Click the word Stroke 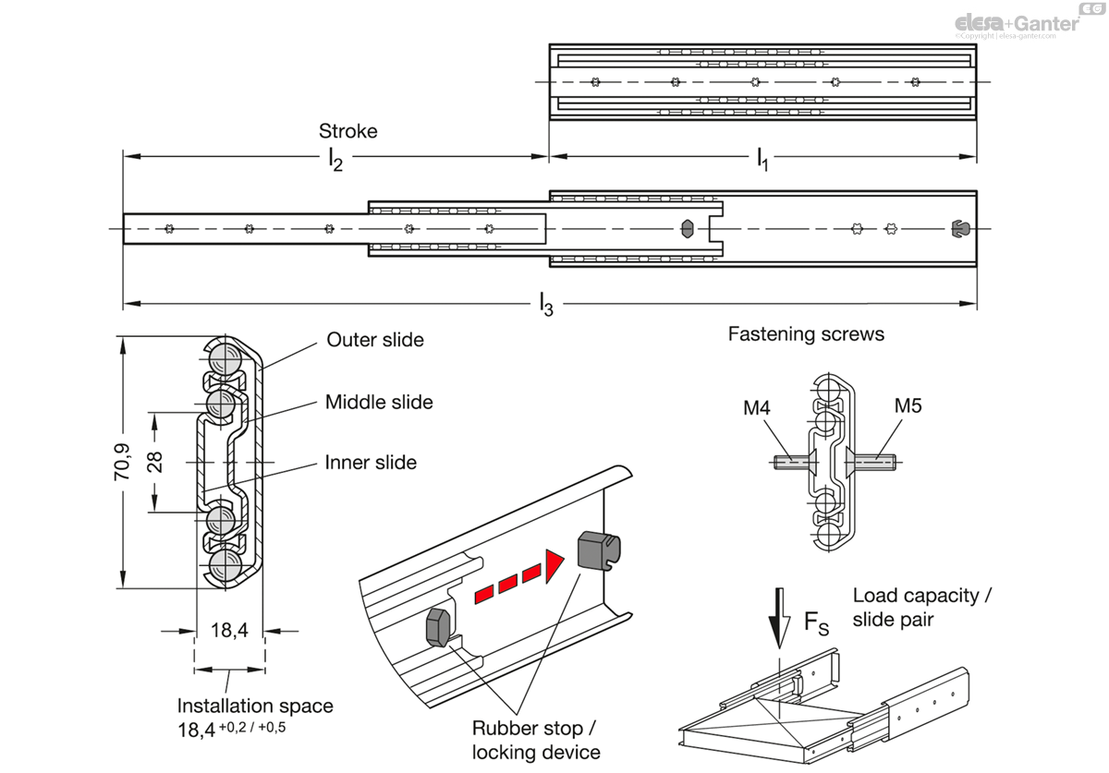point(347,131)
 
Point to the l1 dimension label point(762,160)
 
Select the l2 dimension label point(335,160)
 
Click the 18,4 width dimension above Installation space point(229,631)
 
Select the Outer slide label point(375,340)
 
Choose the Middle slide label point(379,402)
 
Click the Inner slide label point(371,463)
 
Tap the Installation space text point(255,706)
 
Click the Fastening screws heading point(806,334)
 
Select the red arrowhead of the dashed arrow point(554,565)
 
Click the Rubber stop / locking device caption point(536,739)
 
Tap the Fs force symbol point(816,625)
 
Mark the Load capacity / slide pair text point(921,607)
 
